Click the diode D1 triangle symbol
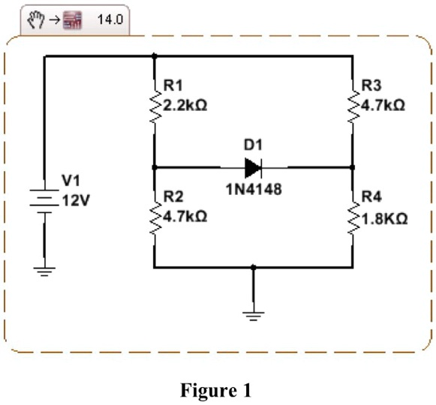(252, 166)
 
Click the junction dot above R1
(154, 55)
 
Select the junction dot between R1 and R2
(154, 166)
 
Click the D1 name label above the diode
(252, 143)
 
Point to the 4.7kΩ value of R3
(383, 106)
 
